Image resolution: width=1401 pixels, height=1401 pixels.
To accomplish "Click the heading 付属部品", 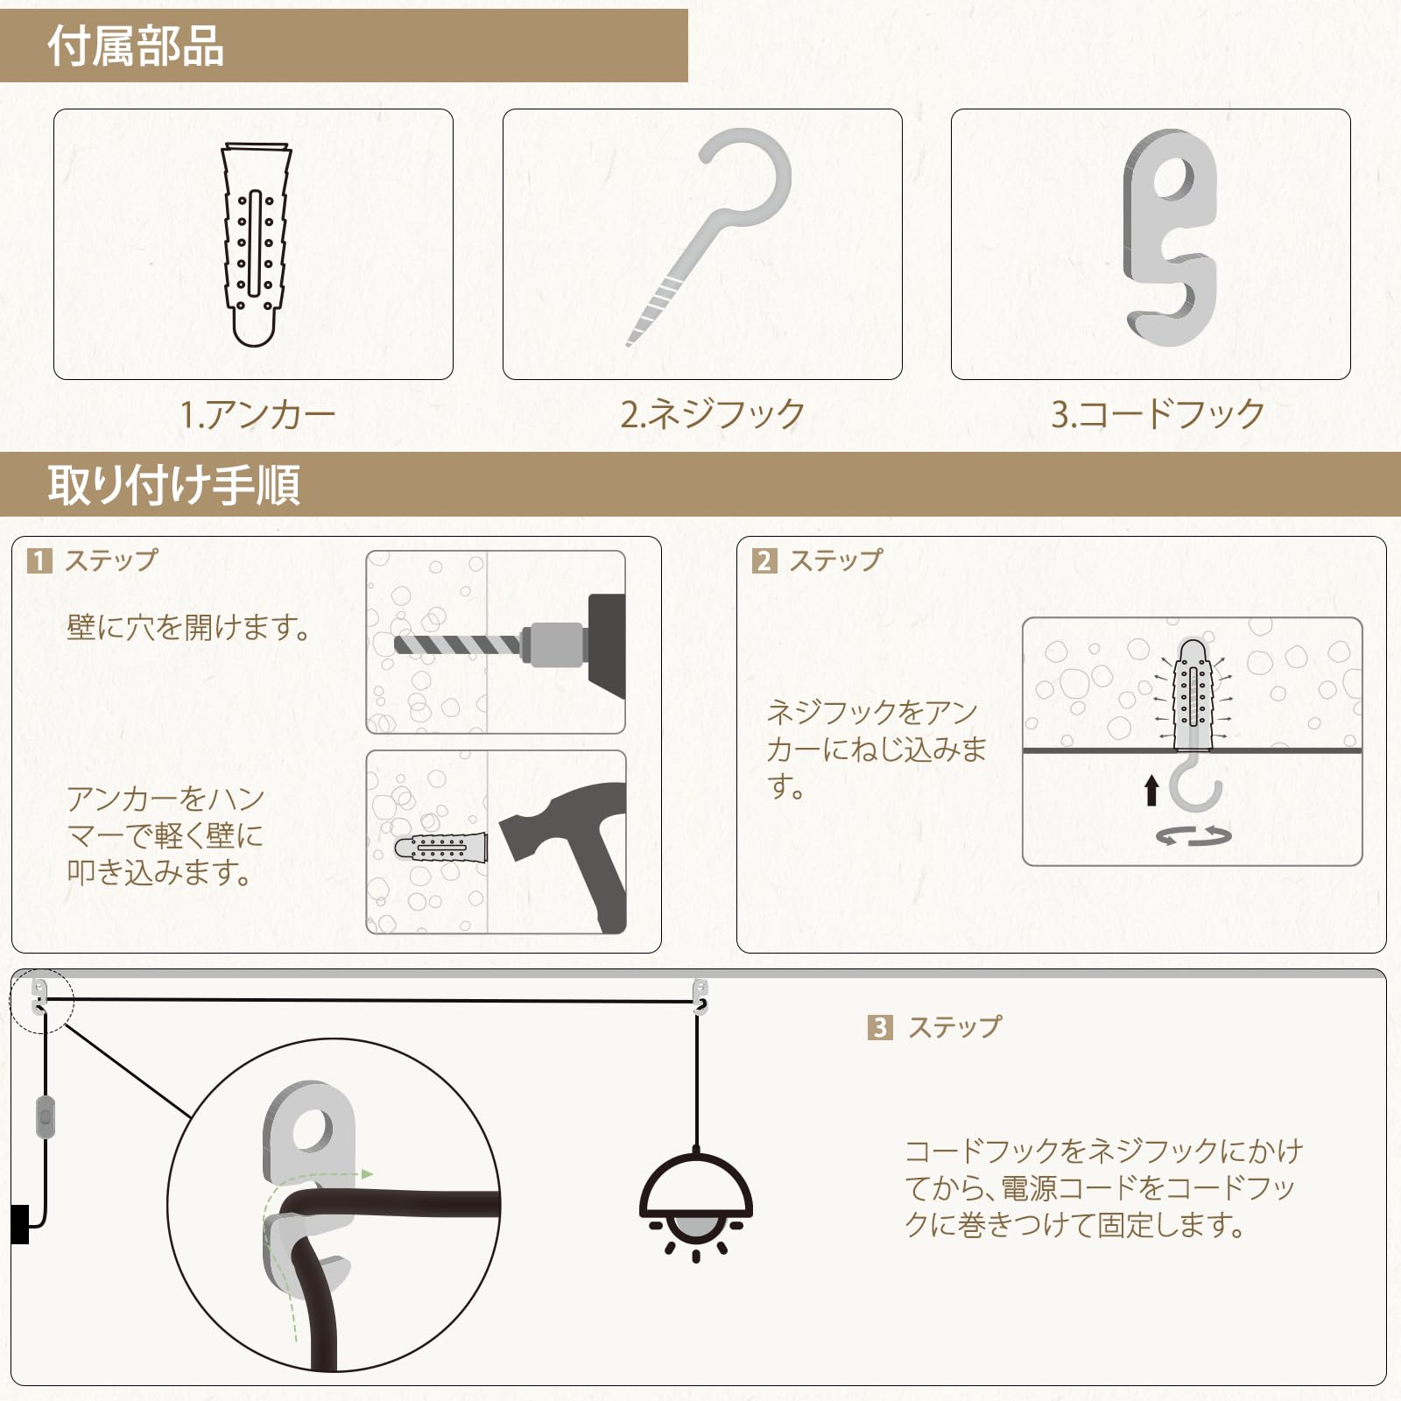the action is [x=136, y=46].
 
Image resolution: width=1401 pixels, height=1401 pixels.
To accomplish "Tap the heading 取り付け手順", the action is [x=173, y=484].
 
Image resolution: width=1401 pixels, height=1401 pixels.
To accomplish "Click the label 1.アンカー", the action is [x=257, y=414].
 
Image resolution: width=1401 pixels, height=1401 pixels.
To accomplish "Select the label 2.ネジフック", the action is [x=713, y=414].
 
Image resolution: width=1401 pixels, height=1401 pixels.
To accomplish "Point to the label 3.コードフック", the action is [x=1158, y=414].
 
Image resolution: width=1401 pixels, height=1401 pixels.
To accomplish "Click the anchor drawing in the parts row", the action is [x=255, y=244].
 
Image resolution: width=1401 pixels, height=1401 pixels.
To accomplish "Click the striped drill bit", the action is [x=458, y=644].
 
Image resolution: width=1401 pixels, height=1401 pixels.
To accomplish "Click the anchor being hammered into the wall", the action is [x=440, y=847].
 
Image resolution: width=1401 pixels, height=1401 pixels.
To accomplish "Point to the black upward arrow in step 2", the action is [x=1151, y=790].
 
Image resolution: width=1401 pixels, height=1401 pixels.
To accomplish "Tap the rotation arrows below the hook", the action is [x=1193, y=836].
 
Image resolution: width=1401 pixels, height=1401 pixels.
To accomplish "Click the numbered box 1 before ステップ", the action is [x=39, y=560].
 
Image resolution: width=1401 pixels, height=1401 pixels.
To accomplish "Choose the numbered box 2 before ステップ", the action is [x=764, y=560].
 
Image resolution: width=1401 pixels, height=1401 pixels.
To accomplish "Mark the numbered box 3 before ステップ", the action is [x=880, y=1027].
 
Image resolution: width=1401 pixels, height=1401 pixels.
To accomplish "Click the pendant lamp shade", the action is [x=696, y=1184].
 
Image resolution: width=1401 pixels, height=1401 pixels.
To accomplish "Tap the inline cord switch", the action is [x=45, y=1117].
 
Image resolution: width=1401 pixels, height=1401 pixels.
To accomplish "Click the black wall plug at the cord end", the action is [x=20, y=1224].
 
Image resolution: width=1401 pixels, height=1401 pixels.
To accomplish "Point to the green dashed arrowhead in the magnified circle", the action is [x=368, y=1174].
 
